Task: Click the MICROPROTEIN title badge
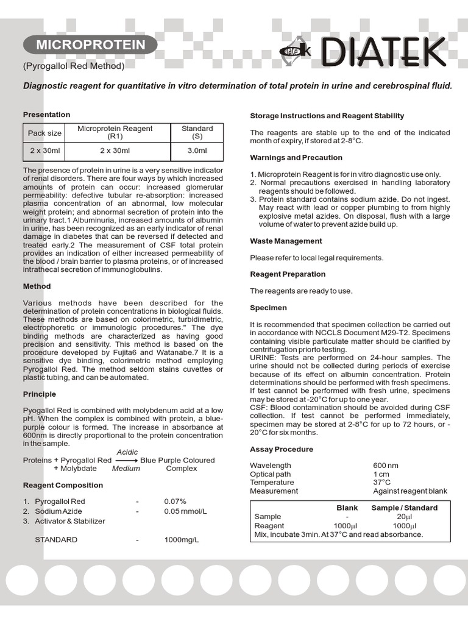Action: (90, 45)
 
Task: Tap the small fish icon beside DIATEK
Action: (295, 52)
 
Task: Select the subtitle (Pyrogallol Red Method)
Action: (74, 66)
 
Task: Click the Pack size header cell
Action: (45, 133)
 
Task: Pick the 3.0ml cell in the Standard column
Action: (197, 150)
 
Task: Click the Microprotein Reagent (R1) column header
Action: (115, 132)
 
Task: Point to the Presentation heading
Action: (46, 115)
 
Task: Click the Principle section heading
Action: (40, 394)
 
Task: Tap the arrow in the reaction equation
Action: (126, 461)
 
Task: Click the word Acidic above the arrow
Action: (127, 452)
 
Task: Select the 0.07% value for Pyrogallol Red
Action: (175, 502)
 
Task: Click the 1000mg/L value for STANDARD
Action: (182, 540)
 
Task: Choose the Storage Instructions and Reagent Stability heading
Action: (327, 116)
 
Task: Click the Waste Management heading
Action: (286, 241)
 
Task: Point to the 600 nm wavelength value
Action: (385, 466)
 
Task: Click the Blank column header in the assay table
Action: (347, 508)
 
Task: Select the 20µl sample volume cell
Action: (405, 517)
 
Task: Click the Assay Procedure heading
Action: (282, 449)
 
